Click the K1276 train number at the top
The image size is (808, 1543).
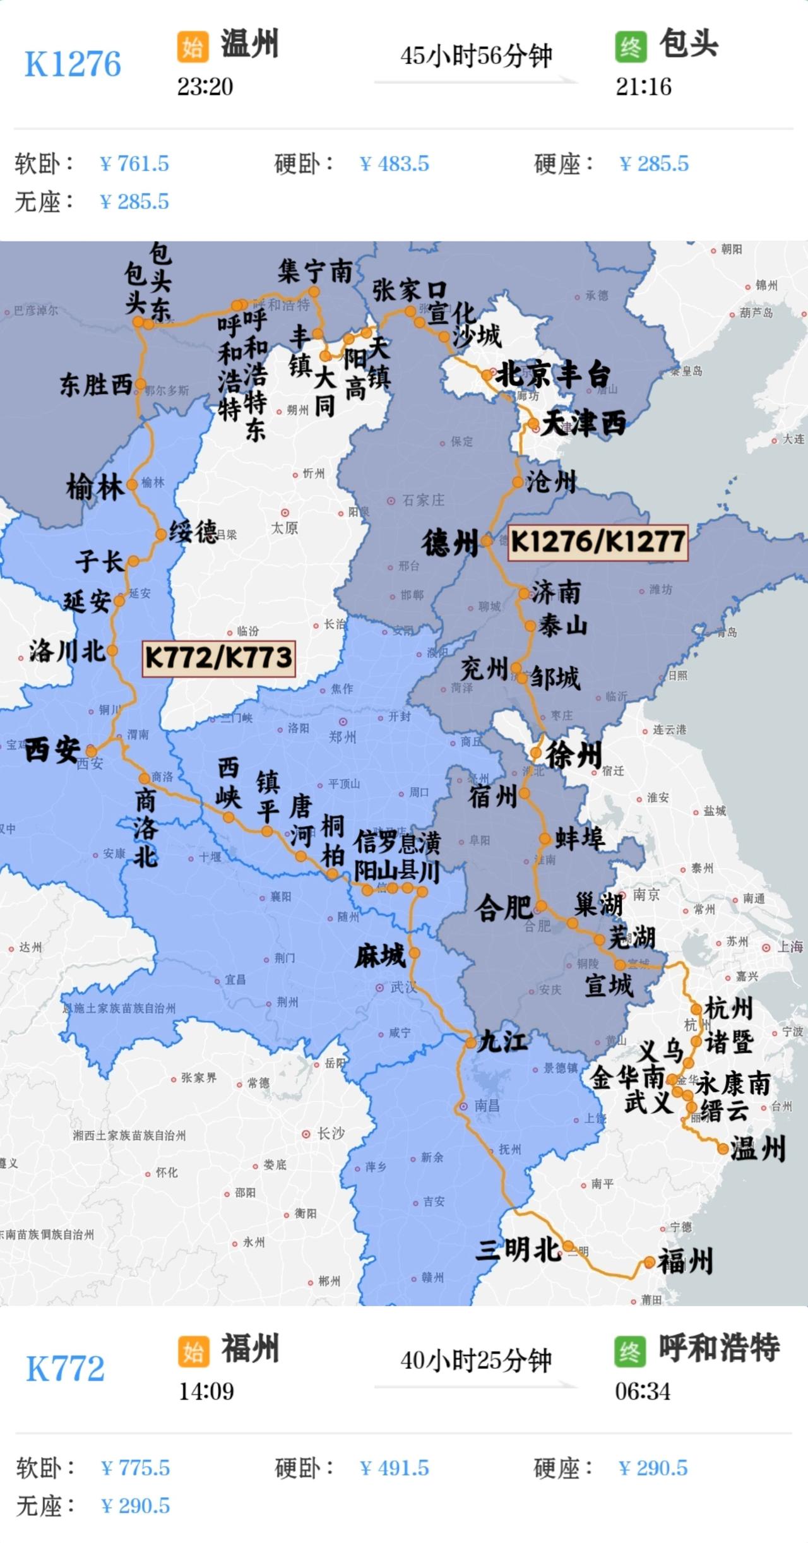click(73, 64)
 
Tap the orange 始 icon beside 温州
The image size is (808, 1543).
click(193, 47)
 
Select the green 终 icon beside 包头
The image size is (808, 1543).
click(631, 47)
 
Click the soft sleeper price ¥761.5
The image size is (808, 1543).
click(134, 164)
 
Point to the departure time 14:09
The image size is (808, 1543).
click(206, 1391)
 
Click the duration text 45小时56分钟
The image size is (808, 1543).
click(476, 56)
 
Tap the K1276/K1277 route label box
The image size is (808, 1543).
click(598, 542)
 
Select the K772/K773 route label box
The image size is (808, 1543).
click(218, 658)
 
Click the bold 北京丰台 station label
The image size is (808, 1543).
click(553, 376)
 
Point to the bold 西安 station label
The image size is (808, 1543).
click(52, 750)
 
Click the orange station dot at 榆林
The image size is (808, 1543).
click(132, 485)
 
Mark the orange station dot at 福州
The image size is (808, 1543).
click(649, 1263)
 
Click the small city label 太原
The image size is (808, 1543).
click(285, 528)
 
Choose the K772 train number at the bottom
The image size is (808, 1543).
click(65, 1369)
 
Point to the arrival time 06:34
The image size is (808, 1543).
click(643, 1391)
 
